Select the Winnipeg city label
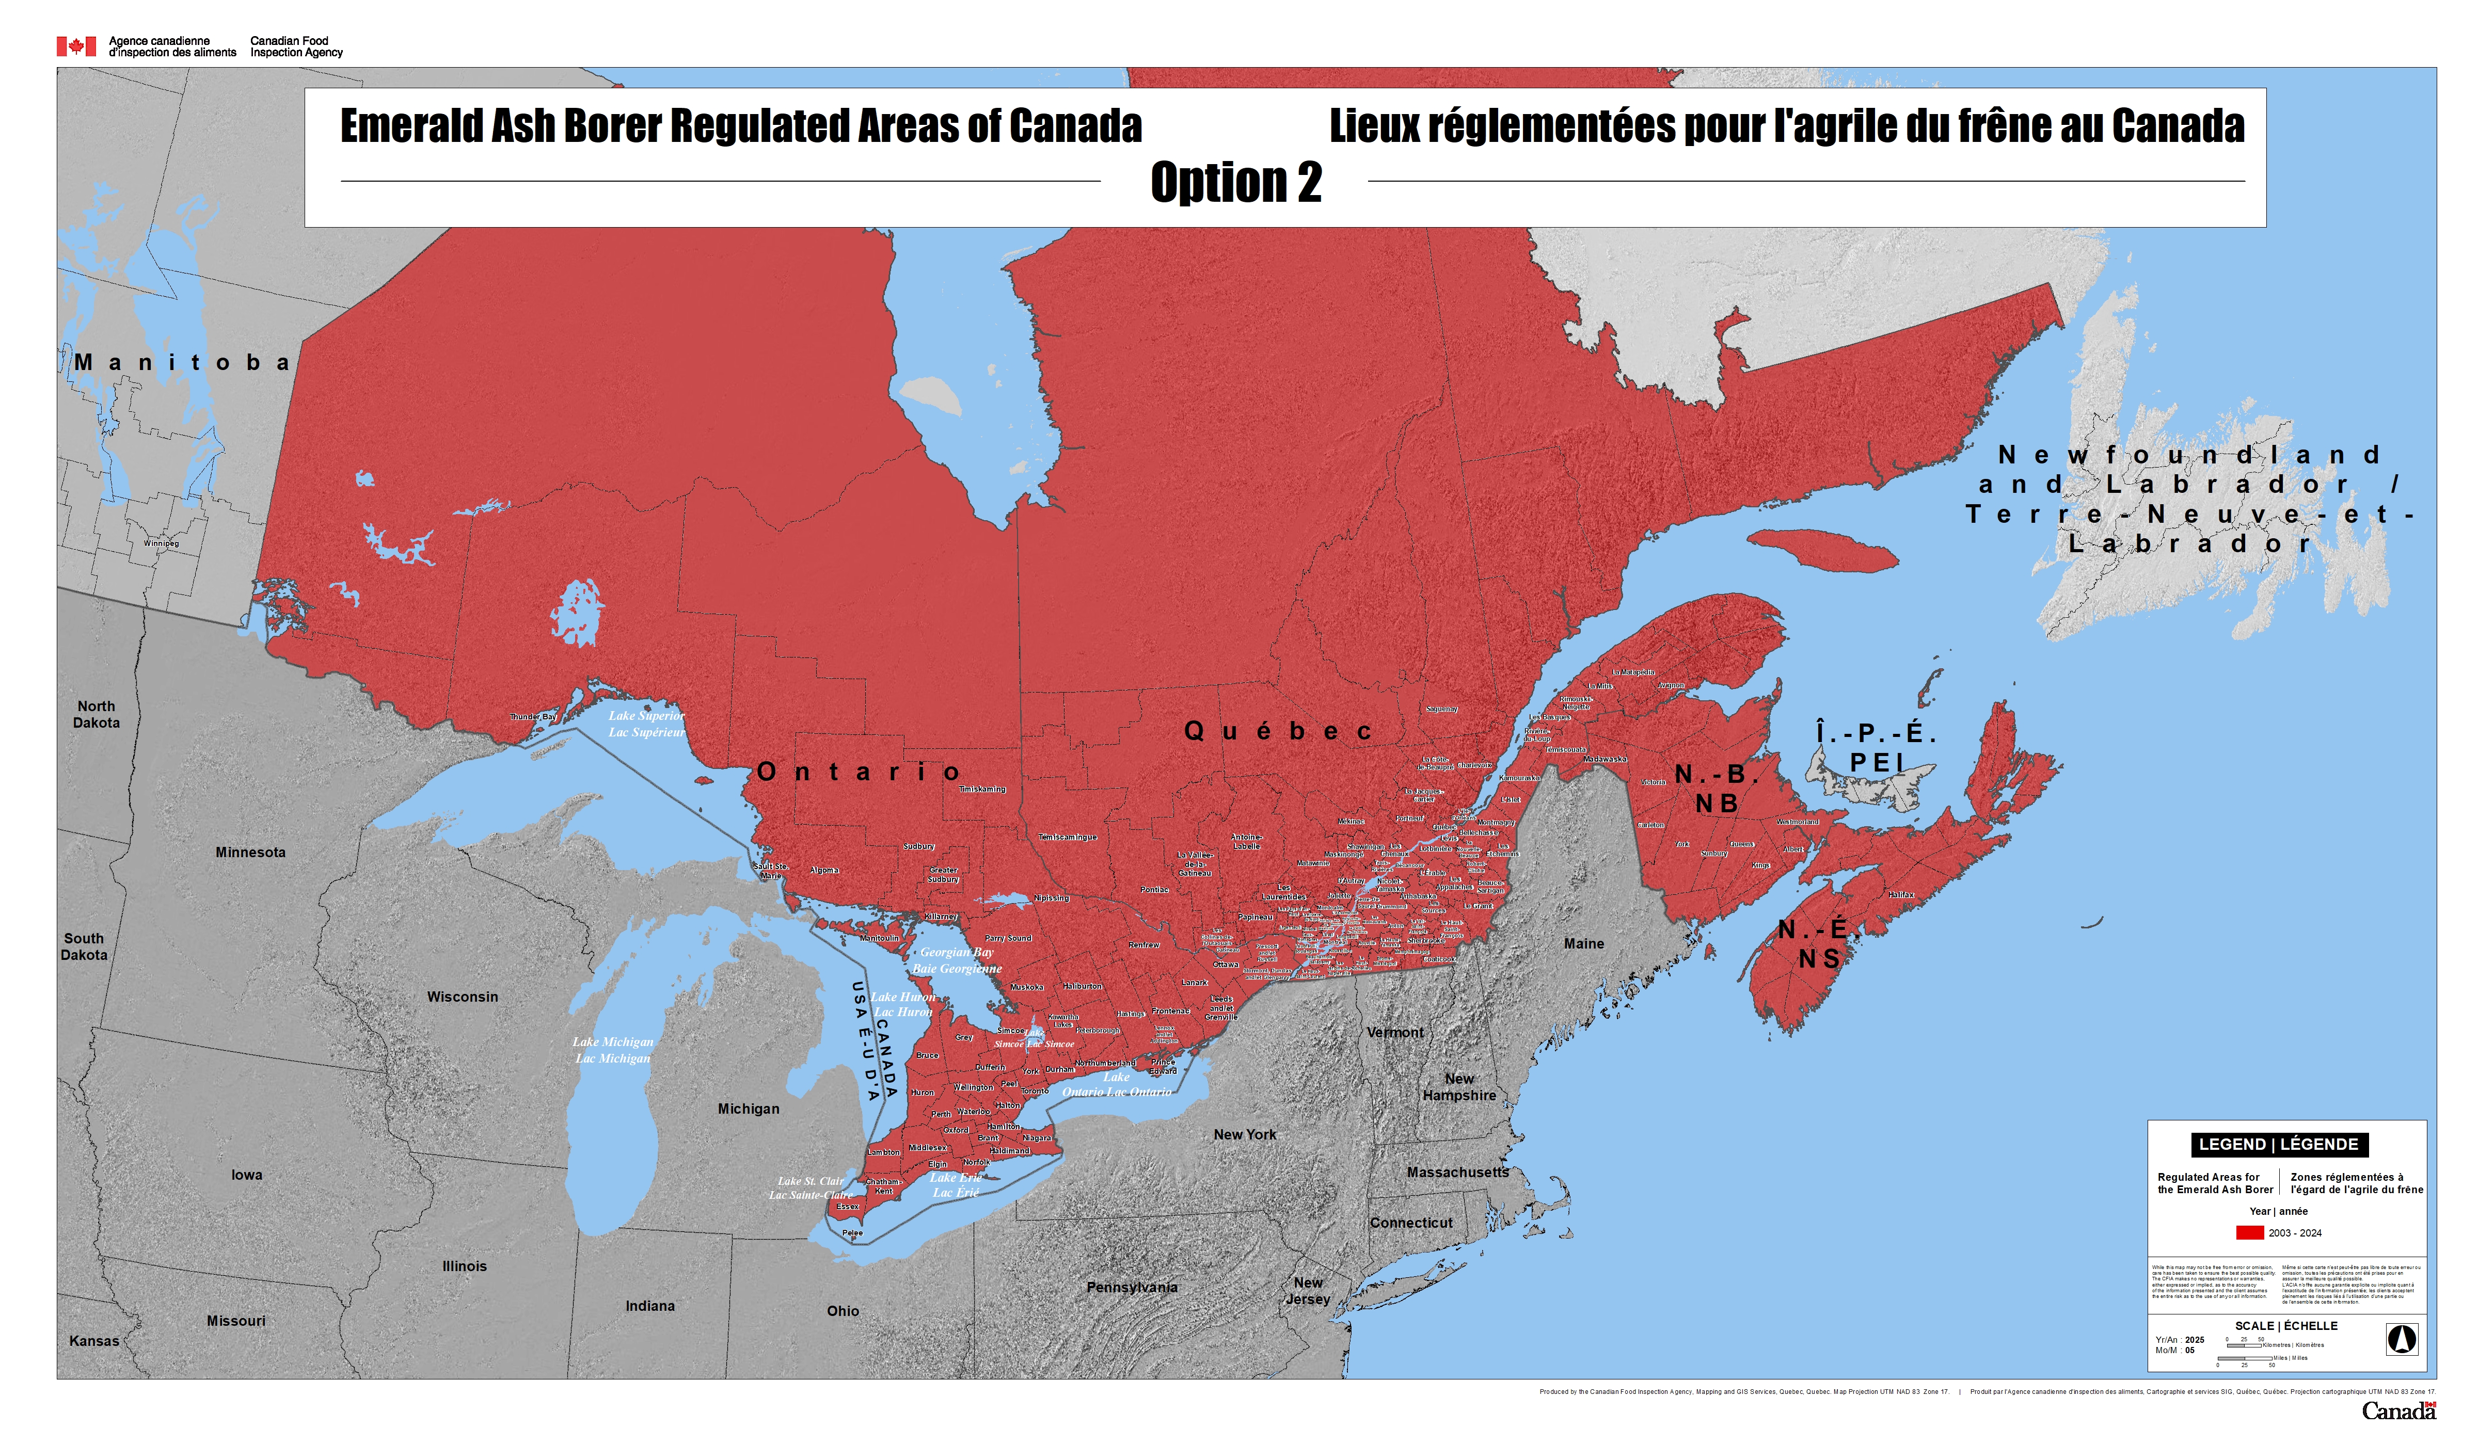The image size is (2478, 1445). [x=161, y=543]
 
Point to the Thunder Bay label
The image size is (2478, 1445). [x=532, y=717]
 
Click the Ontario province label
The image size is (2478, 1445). [x=859, y=773]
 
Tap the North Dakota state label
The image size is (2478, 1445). [x=97, y=715]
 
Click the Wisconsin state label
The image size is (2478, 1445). [x=462, y=997]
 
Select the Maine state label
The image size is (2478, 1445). [x=1583, y=944]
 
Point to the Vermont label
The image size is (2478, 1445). [x=1394, y=1032]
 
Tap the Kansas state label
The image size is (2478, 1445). [x=94, y=1341]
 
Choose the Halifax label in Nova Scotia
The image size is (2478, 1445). [x=1901, y=894]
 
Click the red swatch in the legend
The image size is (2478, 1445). [x=2250, y=1233]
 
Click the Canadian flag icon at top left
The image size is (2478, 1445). [x=76, y=46]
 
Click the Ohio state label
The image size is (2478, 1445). [x=843, y=1311]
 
